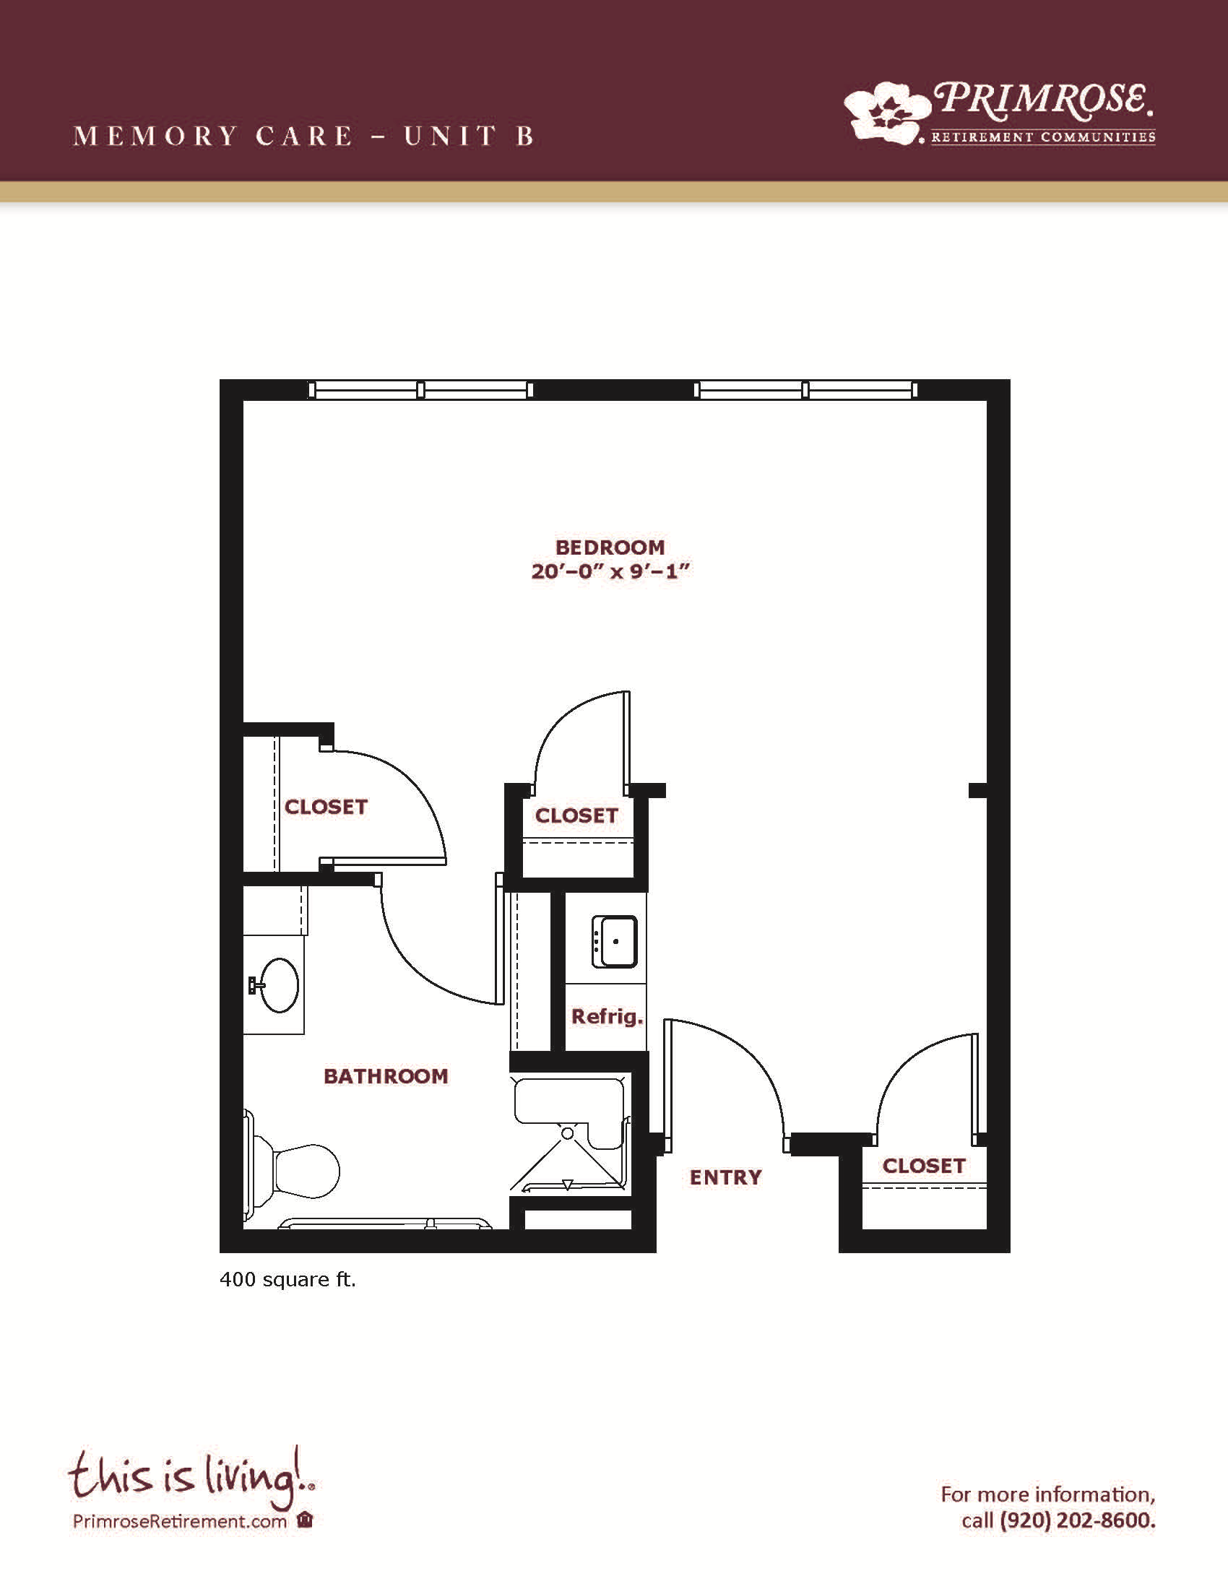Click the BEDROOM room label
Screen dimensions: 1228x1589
point(610,547)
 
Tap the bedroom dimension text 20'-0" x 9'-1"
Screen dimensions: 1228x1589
point(610,571)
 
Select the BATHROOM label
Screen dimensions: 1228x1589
point(386,1076)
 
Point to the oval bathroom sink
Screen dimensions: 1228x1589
point(280,985)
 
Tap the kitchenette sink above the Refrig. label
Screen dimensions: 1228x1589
point(615,941)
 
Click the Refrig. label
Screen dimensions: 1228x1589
point(607,1016)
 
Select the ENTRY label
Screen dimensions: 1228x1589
point(725,1177)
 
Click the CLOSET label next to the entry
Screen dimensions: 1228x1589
point(924,1166)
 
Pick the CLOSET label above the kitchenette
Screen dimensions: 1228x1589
point(576,815)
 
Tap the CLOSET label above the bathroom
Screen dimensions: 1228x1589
point(326,807)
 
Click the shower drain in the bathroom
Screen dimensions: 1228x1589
point(568,1133)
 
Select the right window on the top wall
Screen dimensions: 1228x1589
point(805,390)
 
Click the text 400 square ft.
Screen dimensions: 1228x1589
point(288,1280)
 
